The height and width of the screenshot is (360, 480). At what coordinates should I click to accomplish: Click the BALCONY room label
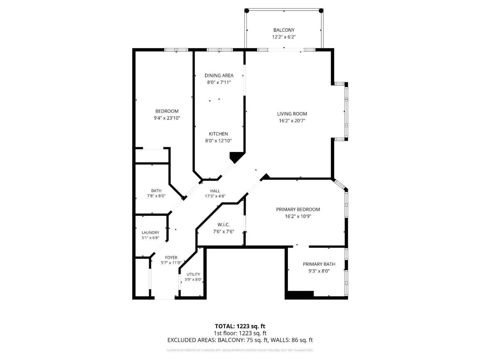tap(284, 30)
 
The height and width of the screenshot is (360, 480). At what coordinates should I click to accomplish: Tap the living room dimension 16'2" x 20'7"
tap(292, 121)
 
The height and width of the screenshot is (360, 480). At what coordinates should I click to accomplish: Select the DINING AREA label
tap(219, 75)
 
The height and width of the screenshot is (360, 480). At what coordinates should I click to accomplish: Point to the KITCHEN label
tap(218, 134)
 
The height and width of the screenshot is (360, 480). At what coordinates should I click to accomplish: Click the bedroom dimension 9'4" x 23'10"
tap(167, 118)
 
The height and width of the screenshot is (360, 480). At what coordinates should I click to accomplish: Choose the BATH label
tap(156, 191)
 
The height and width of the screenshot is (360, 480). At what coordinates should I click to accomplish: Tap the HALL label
tap(215, 191)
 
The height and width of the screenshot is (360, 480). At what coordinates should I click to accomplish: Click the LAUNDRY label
tap(150, 233)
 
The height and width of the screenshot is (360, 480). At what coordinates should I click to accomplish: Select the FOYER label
tap(171, 257)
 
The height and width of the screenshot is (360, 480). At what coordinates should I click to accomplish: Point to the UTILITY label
tap(193, 274)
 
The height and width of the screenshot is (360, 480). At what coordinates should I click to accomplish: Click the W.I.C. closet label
tap(224, 224)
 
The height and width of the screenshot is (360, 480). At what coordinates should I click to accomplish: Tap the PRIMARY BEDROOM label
tap(298, 209)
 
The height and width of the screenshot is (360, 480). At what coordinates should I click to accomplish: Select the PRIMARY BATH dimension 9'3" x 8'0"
tap(319, 271)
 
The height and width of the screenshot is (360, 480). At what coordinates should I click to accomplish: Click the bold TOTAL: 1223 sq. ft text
tap(240, 326)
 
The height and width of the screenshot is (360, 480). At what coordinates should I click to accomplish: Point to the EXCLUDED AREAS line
tap(240, 340)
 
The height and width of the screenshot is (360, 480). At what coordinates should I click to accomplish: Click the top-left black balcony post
tap(246, 11)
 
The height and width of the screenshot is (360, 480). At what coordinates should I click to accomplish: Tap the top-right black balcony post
tap(321, 11)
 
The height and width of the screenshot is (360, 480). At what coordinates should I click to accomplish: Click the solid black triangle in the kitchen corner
tap(236, 156)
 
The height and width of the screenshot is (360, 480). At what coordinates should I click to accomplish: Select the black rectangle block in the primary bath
tap(300, 294)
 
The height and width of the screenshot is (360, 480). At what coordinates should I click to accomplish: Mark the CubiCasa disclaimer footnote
tap(240, 350)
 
